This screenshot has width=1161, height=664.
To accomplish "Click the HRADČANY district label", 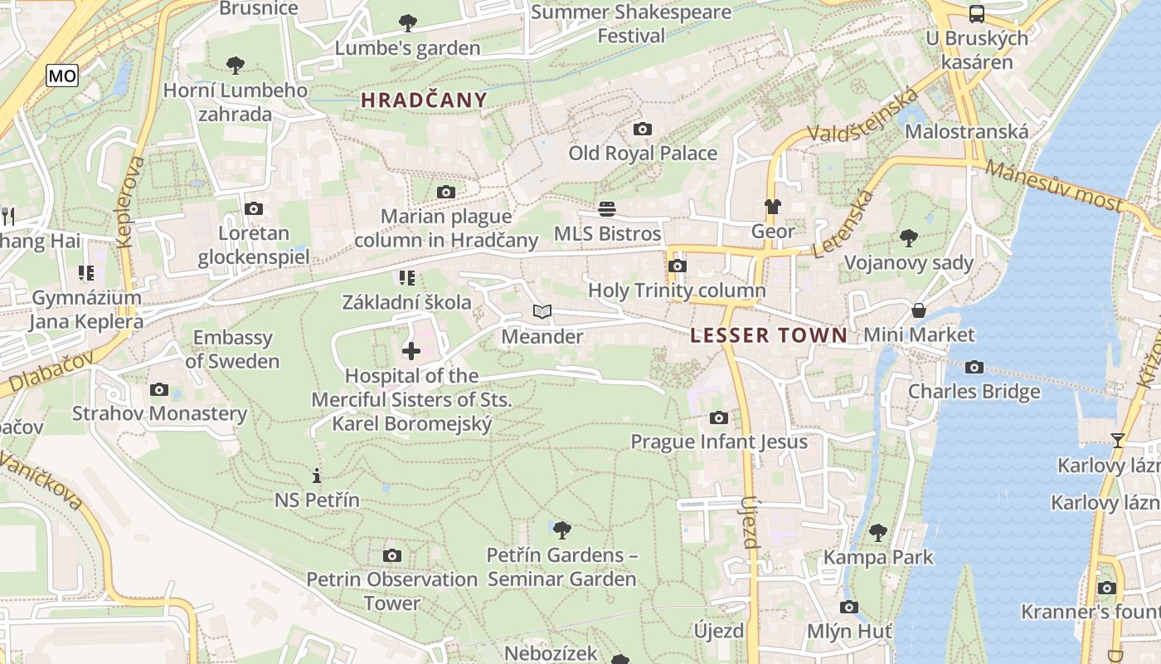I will click(424, 100).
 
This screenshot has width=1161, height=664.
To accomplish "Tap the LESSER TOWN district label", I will click(769, 335).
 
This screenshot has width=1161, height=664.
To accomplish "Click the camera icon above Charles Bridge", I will click(974, 367).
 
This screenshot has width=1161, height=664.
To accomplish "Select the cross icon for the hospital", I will click(411, 351).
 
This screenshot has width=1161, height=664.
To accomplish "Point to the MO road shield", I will click(62, 76).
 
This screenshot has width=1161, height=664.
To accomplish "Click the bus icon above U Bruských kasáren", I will click(977, 13).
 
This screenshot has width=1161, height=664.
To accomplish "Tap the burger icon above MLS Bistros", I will click(608, 208).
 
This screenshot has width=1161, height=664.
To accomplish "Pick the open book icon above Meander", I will click(542, 312).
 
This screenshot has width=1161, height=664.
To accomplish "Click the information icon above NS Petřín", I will click(317, 476).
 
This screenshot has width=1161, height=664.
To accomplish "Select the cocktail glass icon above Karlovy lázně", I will click(1118, 440).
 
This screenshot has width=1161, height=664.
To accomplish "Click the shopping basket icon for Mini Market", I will click(919, 310).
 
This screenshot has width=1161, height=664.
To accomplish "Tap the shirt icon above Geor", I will click(773, 207).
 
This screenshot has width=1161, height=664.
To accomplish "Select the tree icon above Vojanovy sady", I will click(909, 238).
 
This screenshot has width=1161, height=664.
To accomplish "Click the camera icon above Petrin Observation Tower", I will click(392, 555).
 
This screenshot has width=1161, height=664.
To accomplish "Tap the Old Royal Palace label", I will click(643, 154).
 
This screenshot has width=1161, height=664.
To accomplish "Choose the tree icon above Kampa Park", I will click(878, 532).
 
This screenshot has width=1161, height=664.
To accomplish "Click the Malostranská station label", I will click(966, 131).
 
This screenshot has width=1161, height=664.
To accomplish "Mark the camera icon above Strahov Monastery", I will click(159, 389).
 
